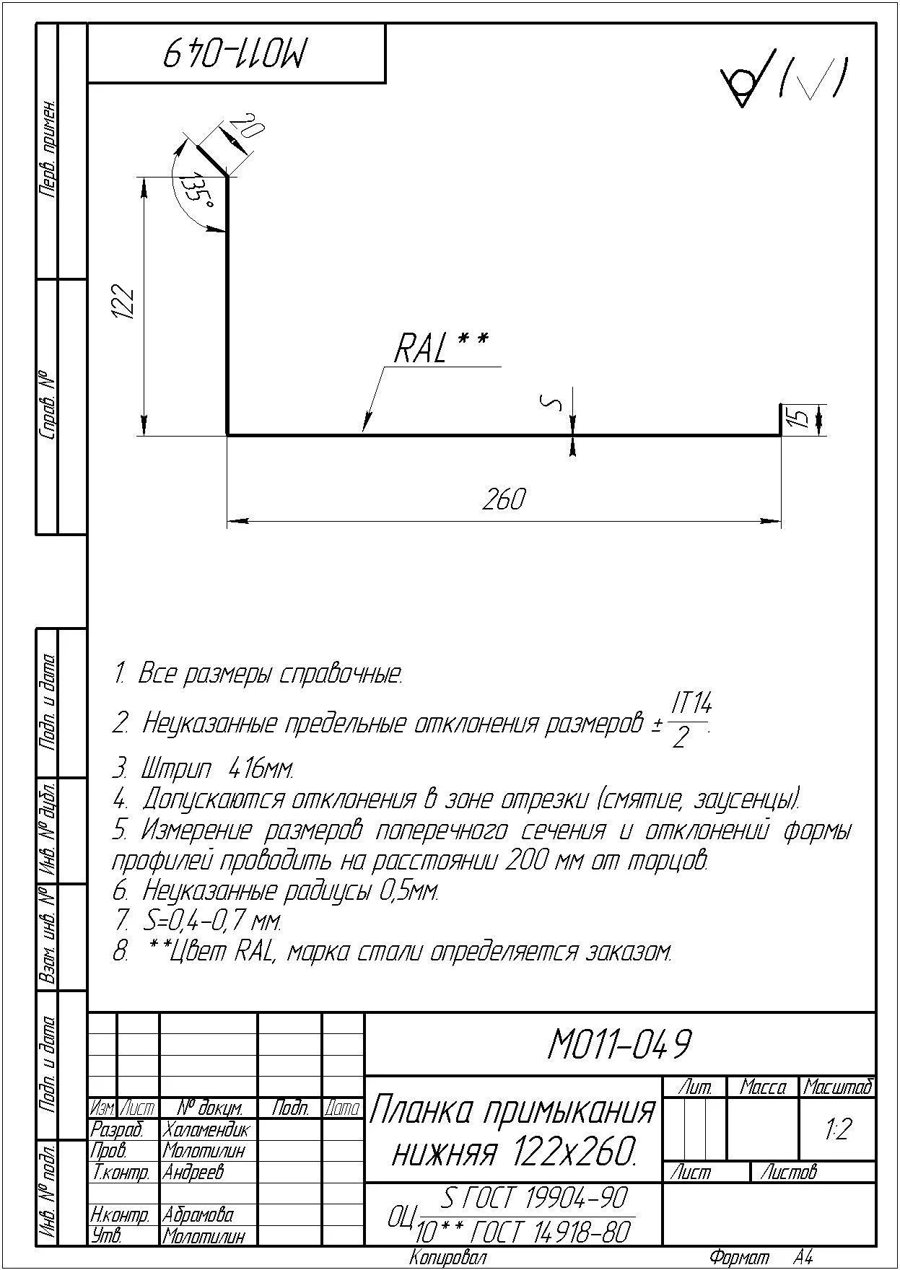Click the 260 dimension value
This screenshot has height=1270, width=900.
click(504, 499)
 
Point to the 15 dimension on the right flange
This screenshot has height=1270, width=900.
click(798, 419)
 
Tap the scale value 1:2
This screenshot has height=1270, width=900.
click(838, 1129)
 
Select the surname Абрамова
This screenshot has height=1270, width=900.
click(198, 1215)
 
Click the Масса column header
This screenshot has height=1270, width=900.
click(763, 1087)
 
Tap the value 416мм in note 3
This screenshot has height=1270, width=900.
click(261, 769)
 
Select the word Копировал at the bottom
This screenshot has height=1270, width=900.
click(447, 1258)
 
